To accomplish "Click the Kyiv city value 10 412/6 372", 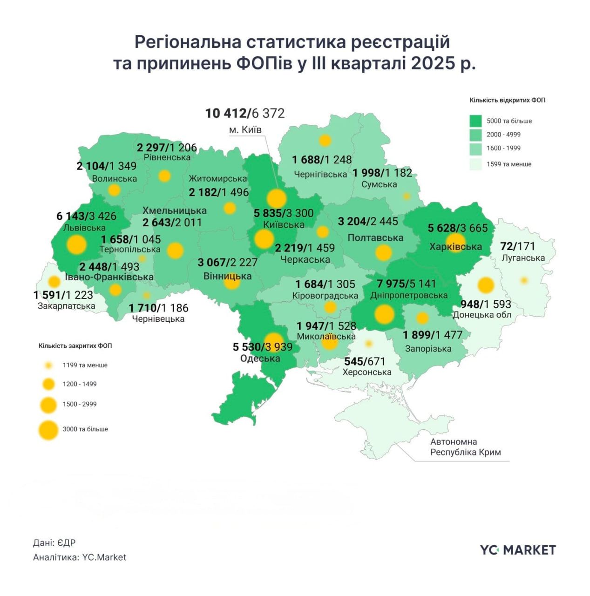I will point(245,113).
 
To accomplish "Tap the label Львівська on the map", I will point(84,228).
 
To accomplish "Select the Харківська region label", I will point(455,247).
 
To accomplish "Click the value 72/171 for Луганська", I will point(517,246).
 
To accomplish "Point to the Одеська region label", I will point(260,358).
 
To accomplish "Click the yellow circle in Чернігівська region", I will point(325,140).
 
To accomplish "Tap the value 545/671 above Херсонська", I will point(365,361).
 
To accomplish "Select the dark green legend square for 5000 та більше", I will point(475,121).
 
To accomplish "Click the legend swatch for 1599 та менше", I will point(475,164).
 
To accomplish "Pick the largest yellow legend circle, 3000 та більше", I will point(48,430).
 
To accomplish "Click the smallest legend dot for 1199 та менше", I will point(48,366).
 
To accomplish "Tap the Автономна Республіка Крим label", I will point(465,447).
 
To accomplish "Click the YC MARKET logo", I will point(518,550).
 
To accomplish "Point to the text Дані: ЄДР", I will point(54,543).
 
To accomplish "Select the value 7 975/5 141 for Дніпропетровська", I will point(406,284).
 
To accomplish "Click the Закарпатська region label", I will point(66,306).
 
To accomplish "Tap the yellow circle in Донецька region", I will point(486,285).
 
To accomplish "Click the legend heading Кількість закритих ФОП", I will point(75,346).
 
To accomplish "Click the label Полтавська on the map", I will point(375,237).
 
